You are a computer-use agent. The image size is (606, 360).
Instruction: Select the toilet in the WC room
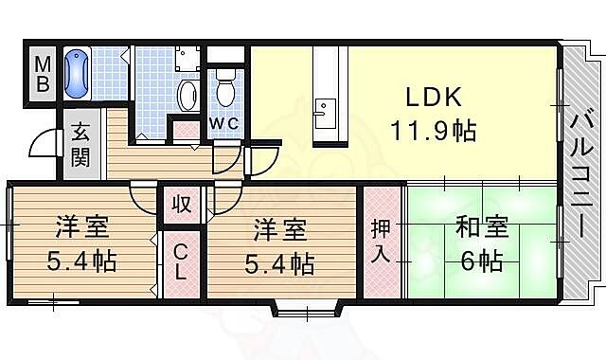point(224,92)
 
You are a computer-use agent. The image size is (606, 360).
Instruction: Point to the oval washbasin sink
point(187,94)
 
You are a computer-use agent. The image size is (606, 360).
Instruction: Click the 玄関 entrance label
point(80,145)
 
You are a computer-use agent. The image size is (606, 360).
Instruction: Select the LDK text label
point(433,99)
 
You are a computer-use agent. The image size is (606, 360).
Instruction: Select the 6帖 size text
point(482,260)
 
